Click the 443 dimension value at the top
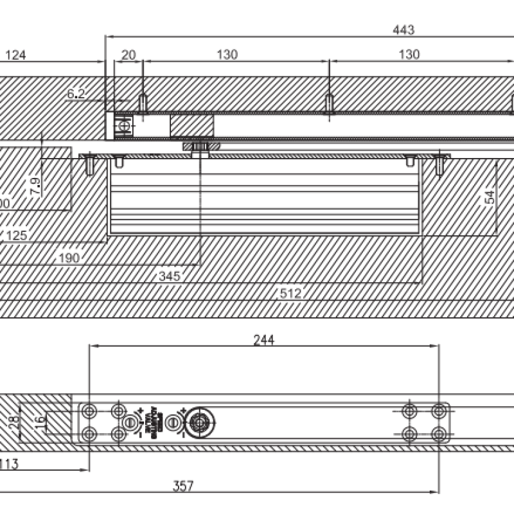[403, 30]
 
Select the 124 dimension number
[15, 55]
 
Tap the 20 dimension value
[128, 55]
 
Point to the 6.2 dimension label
[76, 94]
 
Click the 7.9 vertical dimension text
[35, 186]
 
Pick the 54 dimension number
[490, 197]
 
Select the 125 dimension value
[17, 235]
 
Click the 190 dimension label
[68, 258]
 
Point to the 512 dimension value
[290, 294]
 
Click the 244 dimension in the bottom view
[263, 341]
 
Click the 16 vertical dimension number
[40, 422]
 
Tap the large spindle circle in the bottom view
[200, 423]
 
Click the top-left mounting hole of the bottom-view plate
[89, 411]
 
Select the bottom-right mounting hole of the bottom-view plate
[439, 434]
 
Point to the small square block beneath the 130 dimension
[191, 125]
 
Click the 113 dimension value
[8, 464]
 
